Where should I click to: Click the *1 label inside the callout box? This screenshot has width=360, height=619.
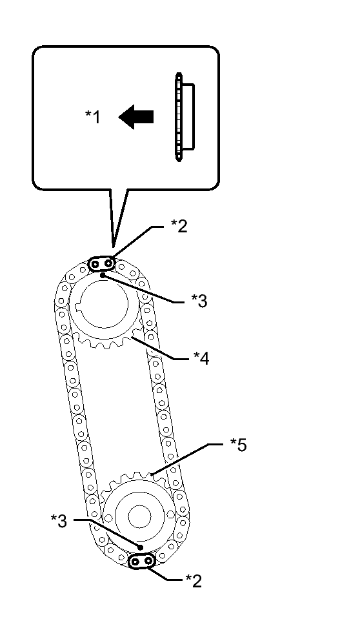[x=93, y=117]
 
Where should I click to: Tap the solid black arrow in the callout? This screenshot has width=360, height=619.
[x=135, y=117]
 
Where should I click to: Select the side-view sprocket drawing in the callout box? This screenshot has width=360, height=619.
[x=185, y=117]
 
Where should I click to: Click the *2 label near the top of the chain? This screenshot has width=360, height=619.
[x=179, y=226]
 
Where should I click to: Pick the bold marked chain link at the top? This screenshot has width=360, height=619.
[x=101, y=263]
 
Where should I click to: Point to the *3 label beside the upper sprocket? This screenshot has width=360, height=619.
[x=199, y=301]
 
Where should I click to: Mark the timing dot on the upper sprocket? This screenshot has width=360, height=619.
[x=103, y=274]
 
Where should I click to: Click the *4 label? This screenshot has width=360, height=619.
[x=201, y=358]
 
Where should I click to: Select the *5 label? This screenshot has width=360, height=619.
[x=239, y=445]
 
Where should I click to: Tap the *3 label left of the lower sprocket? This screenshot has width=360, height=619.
[x=59, y=521]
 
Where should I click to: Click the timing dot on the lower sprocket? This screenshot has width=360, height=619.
[x=140, y=547]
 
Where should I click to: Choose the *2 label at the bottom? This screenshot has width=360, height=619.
[x=194, y=580]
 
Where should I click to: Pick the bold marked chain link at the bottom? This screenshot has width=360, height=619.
[x=142, y=561]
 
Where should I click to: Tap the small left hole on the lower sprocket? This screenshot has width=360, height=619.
[x=109, y=517]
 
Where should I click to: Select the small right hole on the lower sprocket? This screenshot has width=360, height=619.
[x=170, y=514]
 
